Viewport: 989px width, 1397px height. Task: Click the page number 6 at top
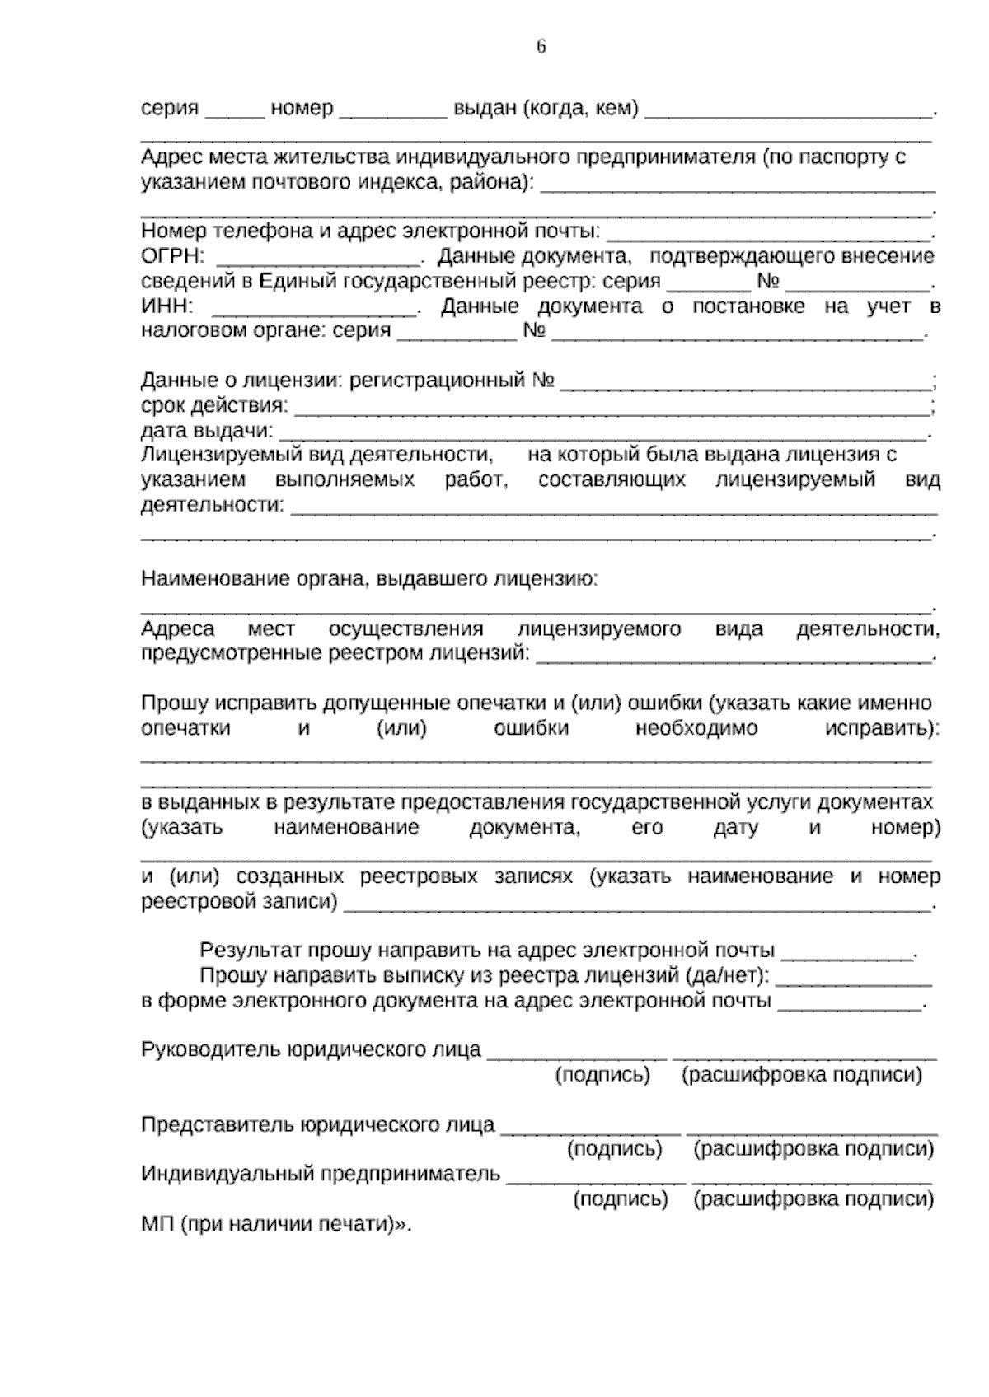(541, 47)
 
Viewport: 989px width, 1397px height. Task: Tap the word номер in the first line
(302, 109)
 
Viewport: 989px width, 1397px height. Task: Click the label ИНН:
(167, 307)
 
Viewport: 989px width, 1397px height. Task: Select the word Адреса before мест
(178, 630)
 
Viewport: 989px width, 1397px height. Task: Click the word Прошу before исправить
(175, 704)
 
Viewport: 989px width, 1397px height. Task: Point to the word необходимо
(696, 729)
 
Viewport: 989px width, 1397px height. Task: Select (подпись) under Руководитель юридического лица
(602, 1075)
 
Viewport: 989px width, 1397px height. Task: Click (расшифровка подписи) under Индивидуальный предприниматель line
(813, 1200)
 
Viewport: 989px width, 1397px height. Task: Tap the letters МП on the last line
(155, 1225)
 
